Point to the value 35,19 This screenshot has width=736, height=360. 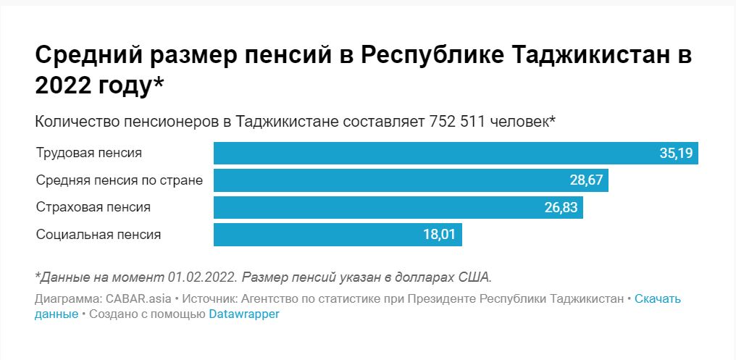click(675, 154)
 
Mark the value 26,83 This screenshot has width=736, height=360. click(561, 208)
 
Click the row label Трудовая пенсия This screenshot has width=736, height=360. click(89, 154)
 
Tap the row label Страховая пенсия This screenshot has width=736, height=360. click(93, 208)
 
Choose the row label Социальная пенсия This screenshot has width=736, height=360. click(99, 235)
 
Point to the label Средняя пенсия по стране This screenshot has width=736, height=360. click(120, 180)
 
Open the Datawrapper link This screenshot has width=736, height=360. click(244, 314)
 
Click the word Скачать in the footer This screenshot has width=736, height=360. click(658, 299)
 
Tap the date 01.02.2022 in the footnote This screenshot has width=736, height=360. click(202, 277)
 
